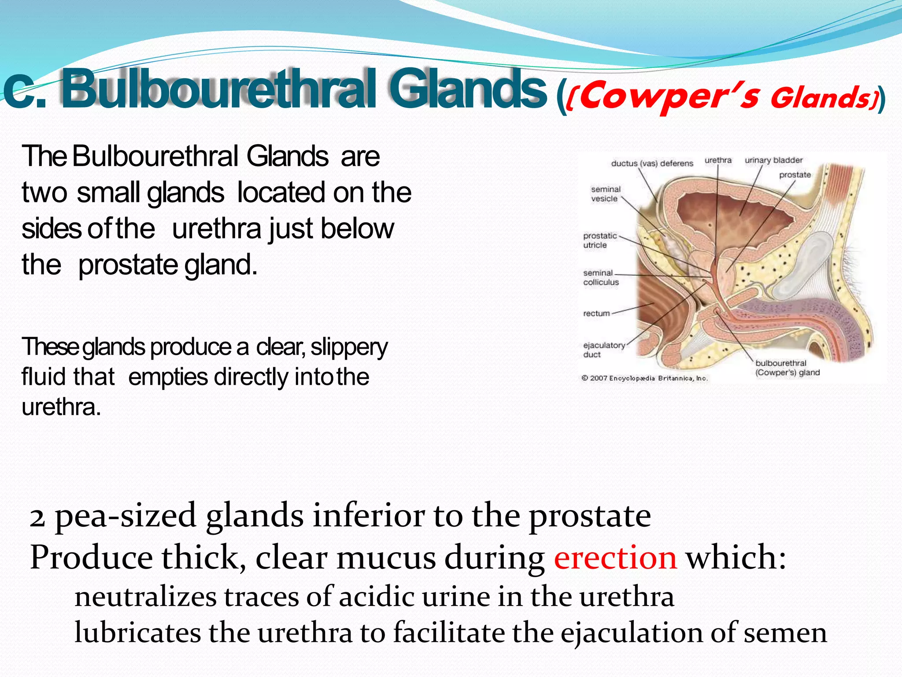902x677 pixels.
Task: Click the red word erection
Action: pyautogui.click(x=615, y=558)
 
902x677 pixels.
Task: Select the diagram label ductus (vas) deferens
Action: pyautogui.click(x=652, y=164)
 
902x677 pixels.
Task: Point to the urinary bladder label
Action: pyautogui.click(x=773, y=160)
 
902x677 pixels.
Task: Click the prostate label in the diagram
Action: pyautogui.click(x=795, y=175)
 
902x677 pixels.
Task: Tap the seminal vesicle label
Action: pyautogui.click(x=606, y=194)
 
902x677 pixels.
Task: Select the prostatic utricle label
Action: pyautogui.click(x=599, y=241)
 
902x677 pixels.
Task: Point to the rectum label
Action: pyautogui.click(x=596, y=313)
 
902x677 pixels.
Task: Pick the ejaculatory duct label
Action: pyautogui.click(x=603, y=350)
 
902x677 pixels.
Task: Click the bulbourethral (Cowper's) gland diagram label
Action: pyautogui.click(x=787, y=368)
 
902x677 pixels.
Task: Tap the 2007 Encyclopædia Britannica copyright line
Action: pyautogui.click(x=644, y=378)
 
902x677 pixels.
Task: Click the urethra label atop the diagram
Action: pyautogui.click(x=717, y=160)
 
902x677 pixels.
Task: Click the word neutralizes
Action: pyautogui.click(x=145, y=597)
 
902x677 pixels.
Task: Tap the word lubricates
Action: pyautogui.click(x=137, y=633)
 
